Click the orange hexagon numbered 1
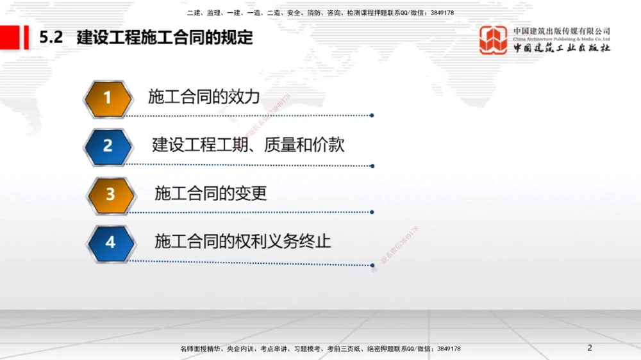tap(108, 99)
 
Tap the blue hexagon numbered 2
tap(108, 147)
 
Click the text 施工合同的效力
tap(203, 97)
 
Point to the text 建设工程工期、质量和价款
tap(248, 145)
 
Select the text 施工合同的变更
tap(210, 193)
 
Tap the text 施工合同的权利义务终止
tap(242, 241)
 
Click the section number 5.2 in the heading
tap(51, 38)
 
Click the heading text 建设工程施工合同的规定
tap(165, 38)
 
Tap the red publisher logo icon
tap(494, 40)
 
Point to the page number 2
tap(590, 348)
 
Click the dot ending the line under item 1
tap(372, 116)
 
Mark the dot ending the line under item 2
tap(372, 165)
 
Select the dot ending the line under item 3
tap(372, 212)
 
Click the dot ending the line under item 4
tap(372, 263)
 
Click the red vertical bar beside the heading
tap(26, 37)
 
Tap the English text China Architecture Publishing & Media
tap(562, 39)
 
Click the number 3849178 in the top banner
tap(442, 13)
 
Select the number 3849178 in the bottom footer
tap(448, 349)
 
